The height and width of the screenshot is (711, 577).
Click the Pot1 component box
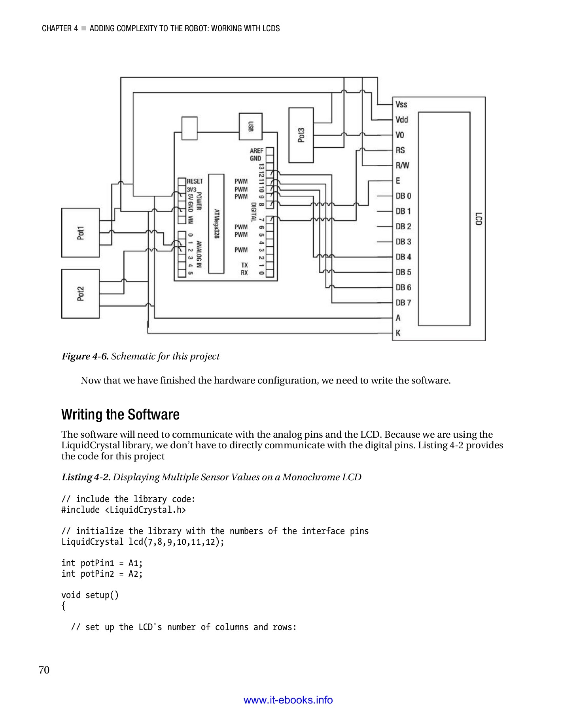tap(80, 233)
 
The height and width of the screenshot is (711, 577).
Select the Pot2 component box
tap(80, 294)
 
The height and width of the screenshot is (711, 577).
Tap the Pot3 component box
tap(301, 135)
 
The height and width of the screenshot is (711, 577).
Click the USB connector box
tap(250, 126)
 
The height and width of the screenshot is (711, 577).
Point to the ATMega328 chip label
tap(216, 224)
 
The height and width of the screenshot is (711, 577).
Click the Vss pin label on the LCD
tap(401, 104)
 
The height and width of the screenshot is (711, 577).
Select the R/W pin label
tap(402, 166)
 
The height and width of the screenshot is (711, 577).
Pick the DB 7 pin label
tap(403, 303)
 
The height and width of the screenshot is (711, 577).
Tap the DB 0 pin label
tap(403, 196)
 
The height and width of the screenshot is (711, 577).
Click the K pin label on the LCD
tap(398, 333)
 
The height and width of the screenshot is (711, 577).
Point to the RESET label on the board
tap(195, 181)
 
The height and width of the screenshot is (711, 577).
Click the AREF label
tap(256, 151)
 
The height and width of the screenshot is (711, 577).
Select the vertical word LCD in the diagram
tap(478, 219)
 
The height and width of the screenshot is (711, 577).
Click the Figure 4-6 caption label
tap(85, 356)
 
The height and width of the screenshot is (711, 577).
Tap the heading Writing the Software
tap(120, 414)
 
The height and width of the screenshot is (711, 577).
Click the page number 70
tap(44, 670)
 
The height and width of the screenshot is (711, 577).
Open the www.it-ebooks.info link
tap(288, 700)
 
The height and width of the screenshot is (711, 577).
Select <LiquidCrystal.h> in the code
tap(145, 510)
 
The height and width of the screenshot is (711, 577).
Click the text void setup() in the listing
tap(90, 595)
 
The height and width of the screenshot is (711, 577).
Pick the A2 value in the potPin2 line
tap(134, 574)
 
